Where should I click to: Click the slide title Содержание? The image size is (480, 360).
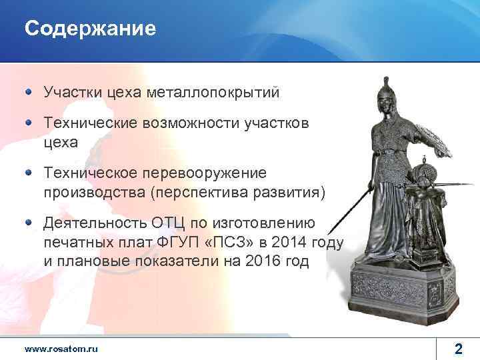tap(90, 29)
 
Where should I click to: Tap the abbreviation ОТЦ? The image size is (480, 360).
tap(177, 223)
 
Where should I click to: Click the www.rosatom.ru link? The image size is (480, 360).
tap(61, 349)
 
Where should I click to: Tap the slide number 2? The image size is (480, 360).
tap(458, 348)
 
